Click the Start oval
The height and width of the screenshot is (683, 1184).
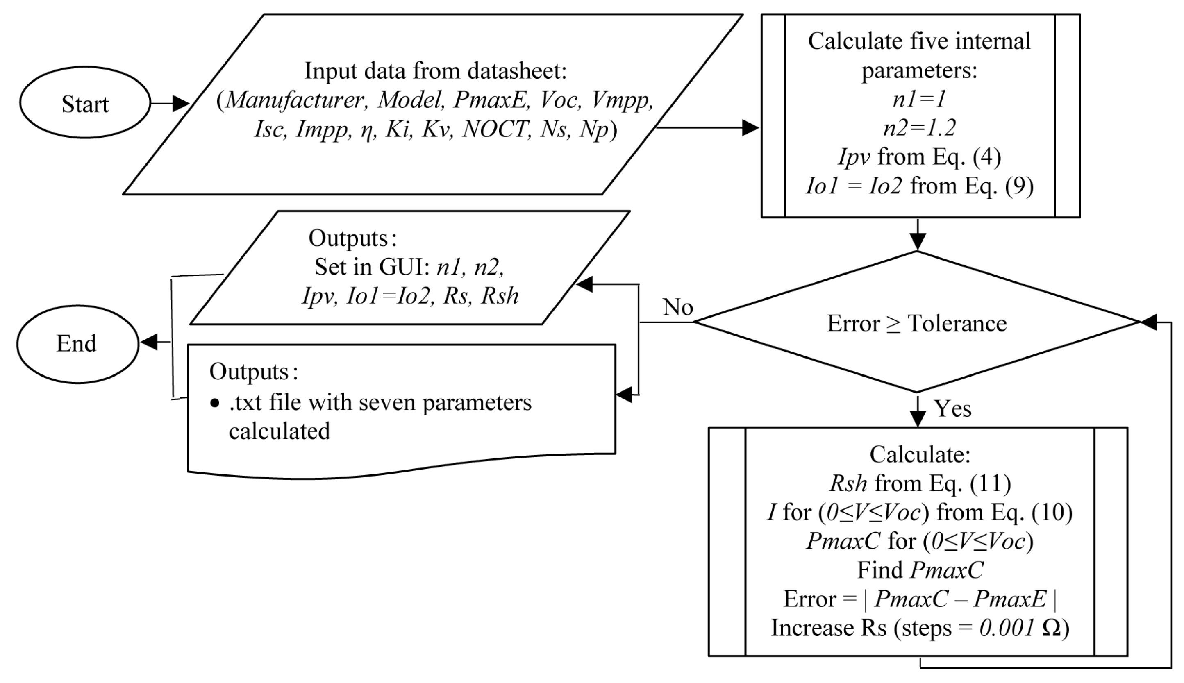pos(85,103)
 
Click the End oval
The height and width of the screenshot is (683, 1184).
pos(77,344)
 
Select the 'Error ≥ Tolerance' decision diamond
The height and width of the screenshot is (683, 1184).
pos(917,323)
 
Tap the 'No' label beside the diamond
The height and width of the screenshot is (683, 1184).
pos(678,308)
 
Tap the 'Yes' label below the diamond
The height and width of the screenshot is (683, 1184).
pos(953,408)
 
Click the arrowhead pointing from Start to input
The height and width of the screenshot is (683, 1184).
pos(181,103)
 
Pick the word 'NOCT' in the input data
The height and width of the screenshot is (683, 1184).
pos(495,129)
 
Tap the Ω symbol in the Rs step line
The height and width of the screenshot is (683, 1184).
pos(1051,628)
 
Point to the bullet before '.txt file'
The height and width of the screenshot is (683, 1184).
pos(215,403)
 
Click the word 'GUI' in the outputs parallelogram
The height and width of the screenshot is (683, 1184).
pos(403,267)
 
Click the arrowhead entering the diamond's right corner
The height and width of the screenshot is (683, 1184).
pos(1148,322)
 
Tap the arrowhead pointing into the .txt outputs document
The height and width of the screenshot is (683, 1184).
pos(624,395)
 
